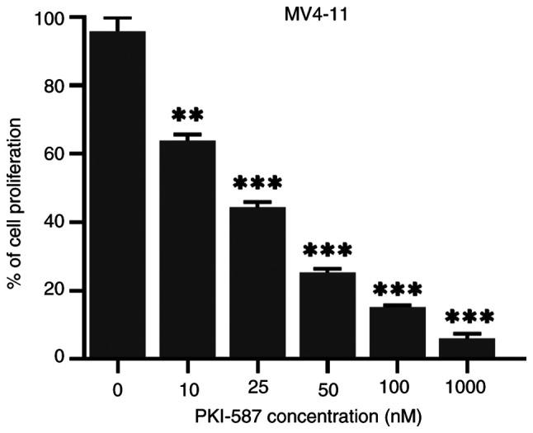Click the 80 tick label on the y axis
pyautogui.click(x=50, y=86)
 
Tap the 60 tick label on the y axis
pyautogui.click(x=50, y=154)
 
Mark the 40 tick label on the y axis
pyautogui.click(x=50, y=223)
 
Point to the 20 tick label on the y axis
pyautogui.click(x=50, y=291)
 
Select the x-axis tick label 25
pyautogui.click(x=257, y=386)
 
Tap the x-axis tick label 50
pyautogui.click(x=328, y=386)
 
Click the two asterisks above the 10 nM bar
pyautogui.click(x=187, y=115)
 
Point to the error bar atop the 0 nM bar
pyautogui.click(x=118, y=23)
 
